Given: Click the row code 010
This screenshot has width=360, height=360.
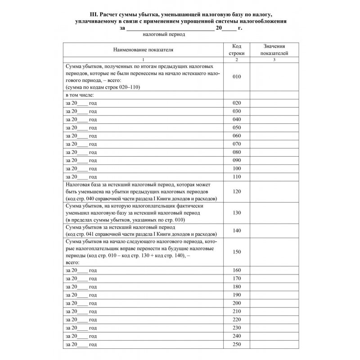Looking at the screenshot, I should [237, 76].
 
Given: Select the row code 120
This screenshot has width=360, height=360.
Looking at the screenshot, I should [237, 191].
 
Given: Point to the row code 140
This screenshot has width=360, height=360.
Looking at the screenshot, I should [237, 230].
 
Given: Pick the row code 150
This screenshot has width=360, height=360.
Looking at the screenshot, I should [237, 252].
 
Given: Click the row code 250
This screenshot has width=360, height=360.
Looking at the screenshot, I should [237, 344].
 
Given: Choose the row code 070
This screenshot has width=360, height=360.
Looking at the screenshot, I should [237, 144].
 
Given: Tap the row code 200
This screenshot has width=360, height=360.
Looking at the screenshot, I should [237, 303].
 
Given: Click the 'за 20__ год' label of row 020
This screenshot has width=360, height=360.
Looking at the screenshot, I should [81, 103].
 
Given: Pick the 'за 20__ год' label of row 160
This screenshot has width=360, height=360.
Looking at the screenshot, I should [81, 270].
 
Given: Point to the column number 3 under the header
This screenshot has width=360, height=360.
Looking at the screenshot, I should [274, 60].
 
